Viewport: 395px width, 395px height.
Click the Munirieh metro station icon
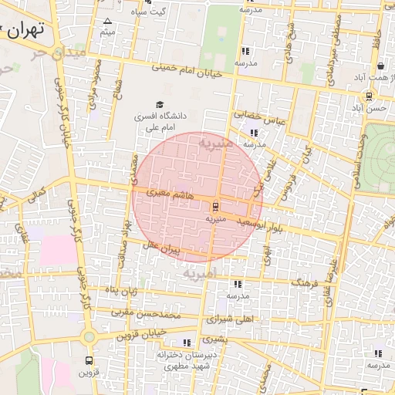point(215,206)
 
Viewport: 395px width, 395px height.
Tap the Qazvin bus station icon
point(89,361)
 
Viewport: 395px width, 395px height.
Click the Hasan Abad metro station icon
point(369,96)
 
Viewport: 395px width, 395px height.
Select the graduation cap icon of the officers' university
point(160,105)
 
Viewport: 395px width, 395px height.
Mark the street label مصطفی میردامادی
point(333,46)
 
